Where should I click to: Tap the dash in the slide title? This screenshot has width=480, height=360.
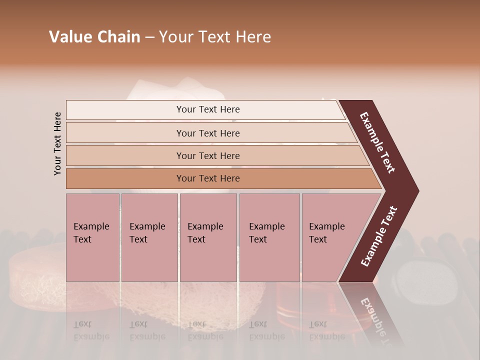click(149, 37)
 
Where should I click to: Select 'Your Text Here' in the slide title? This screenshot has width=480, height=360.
click(215, 37)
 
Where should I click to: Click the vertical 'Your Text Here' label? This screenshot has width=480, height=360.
click(57, 144)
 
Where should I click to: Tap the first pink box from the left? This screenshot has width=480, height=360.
click(92, 237)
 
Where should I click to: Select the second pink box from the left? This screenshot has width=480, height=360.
click(149, 237)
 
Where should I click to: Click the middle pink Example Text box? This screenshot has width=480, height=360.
click(208, 237)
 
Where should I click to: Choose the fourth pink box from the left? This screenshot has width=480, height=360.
click(269, 237)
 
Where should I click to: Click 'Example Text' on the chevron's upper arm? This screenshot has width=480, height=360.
click(377, 142)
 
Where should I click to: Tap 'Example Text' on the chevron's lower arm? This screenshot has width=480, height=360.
click(378, 236)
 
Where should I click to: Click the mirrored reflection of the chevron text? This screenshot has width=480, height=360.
click(372, 317)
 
